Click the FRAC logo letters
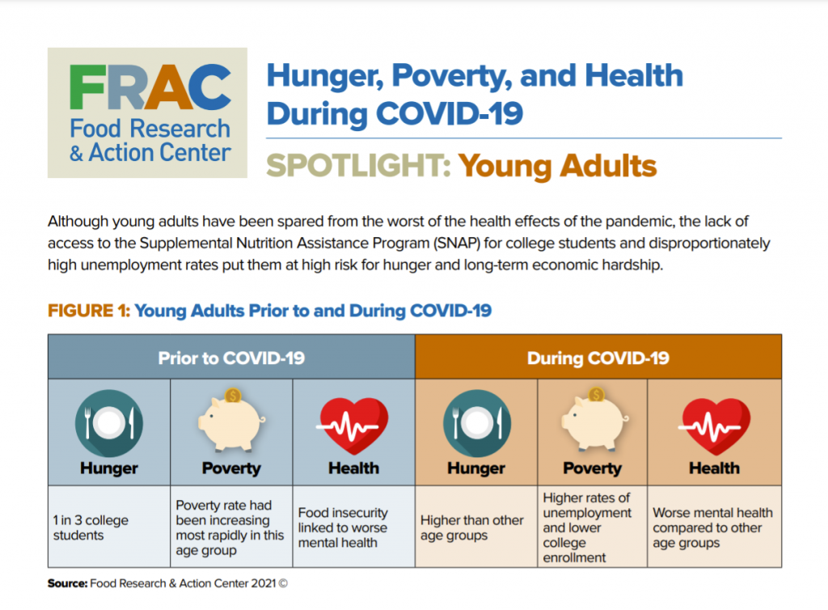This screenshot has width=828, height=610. pyautogui.click(x=150, y=87)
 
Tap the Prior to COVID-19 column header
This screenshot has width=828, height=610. pyautogui.click(x=231, y=358)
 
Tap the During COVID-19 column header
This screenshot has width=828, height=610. pyautogui.click(x=598, y=358)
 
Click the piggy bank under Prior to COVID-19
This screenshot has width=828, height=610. pyautogui.click(x=230, y=421)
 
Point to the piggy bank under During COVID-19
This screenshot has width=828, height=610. pyautogui.click(x=592, y=421)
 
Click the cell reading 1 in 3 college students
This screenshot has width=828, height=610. pyautogui.click(x=109, y=527)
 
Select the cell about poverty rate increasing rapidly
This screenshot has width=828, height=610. pyautogui.click(x=230, y=527)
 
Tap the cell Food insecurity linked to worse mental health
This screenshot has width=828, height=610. pyautogui.click(x=353, y=527)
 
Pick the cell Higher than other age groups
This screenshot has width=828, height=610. pyautogui.click(x=475, y=527)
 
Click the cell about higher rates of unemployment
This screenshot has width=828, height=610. pyautogui.click(x=592, y=527)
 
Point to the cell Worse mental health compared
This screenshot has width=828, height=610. pyautogui.click(x=714, y=527)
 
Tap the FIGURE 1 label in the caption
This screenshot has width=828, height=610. pyautogui.click(x=88, y=311)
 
